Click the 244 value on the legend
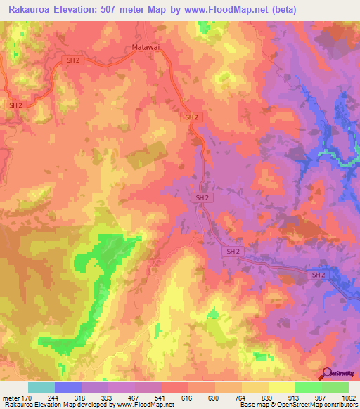click(55, 397)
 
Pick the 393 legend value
click(108, 397)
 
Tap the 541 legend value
click(162, 397)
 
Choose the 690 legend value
click(215, 397)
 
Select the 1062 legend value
click(347, 397)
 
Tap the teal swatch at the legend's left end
click(41, 387)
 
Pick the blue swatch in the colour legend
click(68, 387)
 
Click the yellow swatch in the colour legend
click(282, 387)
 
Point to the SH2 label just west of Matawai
click(72, 61)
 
